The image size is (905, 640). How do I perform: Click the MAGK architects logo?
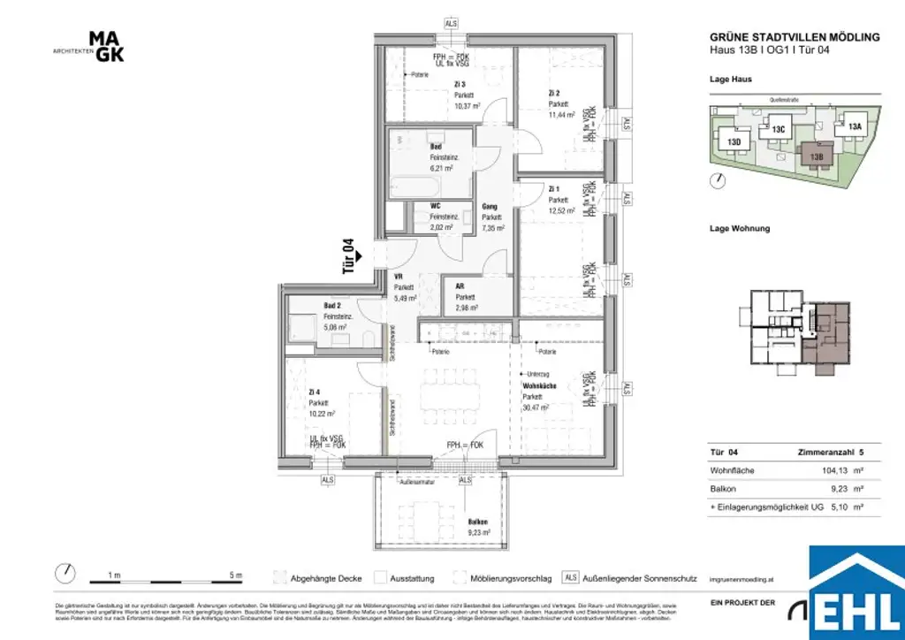click(x=106, y=47)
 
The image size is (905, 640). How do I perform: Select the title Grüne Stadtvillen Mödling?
click(x=795, y=37)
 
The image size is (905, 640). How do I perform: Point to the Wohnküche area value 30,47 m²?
click(x=536, y=408)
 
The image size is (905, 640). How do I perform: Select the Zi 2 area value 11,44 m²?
click(x=560, y=115)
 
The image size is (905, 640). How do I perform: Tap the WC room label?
click(x=435, y=207)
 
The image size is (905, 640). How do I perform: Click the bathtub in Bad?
click(x=414, y=188)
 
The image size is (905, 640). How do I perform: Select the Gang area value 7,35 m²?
click(x=492, y=227)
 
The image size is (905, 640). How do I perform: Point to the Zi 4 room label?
click(x=315, y=391)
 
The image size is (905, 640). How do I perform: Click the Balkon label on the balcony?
click(x=477, y=522)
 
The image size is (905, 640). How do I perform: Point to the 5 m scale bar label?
click(x=235, y=575)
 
